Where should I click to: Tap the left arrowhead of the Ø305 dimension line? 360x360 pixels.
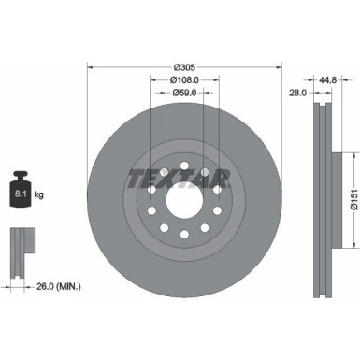(x=90, y=67)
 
